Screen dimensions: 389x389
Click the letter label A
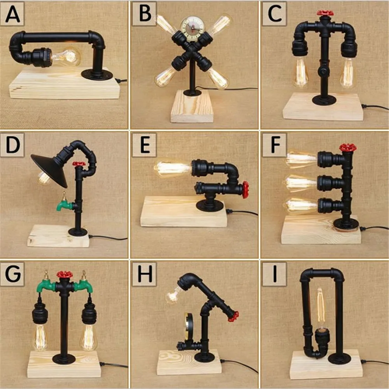click(12, 14)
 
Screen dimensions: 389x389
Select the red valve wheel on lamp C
click(325, 13)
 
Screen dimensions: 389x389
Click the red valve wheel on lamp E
click(245, 189)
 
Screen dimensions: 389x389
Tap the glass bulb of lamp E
click(172, 169)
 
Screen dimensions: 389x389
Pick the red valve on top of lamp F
click(348, 147)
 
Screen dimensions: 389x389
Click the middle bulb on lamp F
click(301, 183)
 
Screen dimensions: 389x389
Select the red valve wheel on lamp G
click(65, 275)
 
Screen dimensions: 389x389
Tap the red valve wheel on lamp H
click(233, 316)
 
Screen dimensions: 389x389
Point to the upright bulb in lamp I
click(321, 308)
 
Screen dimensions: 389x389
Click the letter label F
click(275, 145)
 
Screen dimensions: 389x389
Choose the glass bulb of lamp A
click(66, 56)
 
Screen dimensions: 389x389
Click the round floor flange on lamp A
click(97, 75)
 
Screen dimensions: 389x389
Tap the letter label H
click(145, 274)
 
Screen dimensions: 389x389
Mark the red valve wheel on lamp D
click(79, 164)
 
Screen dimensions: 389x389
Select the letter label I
click(275, 274)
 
